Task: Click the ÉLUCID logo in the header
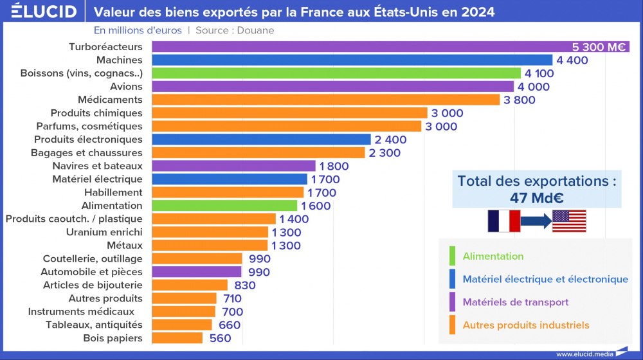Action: click(x=40, y=12)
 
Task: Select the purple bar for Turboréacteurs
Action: click(x=360, y=47)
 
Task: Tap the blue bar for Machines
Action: click(x=352, y=60)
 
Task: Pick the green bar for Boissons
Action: click(x=336, y=73)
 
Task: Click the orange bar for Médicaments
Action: click(x=325, y=100)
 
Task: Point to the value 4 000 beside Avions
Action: click(x=534, y=87)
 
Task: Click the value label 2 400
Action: click(x=392, y=139)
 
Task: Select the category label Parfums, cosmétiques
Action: click(x=89, y=126)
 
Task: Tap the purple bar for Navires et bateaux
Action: click(x=233, y=166)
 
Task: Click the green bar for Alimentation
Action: click(x=224, y=206)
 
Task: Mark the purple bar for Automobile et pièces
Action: click(x=197, y=272)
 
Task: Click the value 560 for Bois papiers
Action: click(x=220, y=338)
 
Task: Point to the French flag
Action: click(x=503, y=221)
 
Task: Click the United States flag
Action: click(x=569, y=221)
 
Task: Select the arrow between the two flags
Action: click(x=536, y=221)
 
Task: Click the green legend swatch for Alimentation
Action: click(x=453, y=256)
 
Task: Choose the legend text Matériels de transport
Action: click(x=516, y=302)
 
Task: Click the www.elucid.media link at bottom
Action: click(x=584, y=354)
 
